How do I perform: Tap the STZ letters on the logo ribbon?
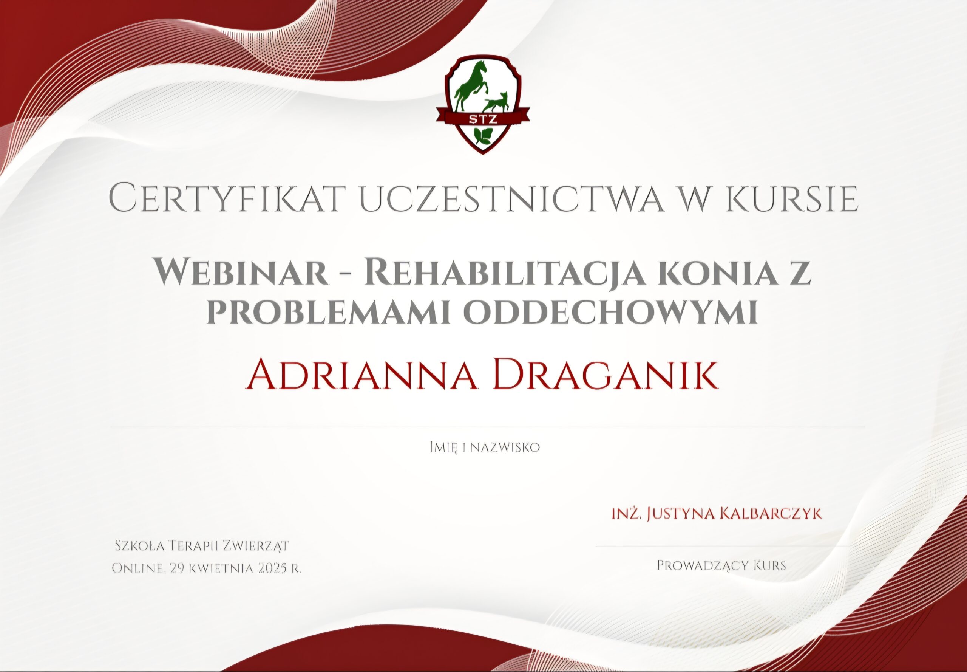click(483, 119)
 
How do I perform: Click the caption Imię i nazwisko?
click(484, 447)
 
